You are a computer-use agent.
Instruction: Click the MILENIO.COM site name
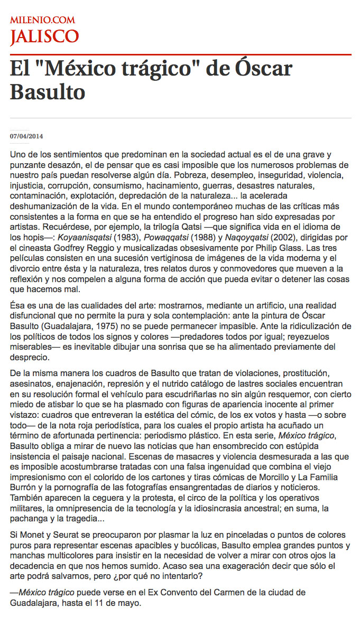42,20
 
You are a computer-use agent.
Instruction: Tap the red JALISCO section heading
44,36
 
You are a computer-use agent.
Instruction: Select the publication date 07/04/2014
26,136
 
